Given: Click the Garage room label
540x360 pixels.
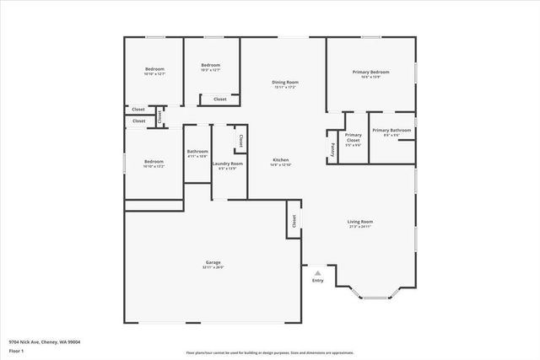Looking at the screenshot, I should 213,262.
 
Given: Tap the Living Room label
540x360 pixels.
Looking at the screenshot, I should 360,222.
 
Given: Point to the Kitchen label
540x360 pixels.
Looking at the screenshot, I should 280,159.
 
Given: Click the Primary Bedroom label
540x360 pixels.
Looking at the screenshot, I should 370,73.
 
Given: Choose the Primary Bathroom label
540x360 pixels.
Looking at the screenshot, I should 391,130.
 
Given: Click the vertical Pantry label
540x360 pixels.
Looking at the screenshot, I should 333,148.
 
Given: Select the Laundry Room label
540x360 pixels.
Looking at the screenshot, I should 228,163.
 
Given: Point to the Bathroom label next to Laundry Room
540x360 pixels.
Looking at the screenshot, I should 197,151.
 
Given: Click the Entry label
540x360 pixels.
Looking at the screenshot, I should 317,281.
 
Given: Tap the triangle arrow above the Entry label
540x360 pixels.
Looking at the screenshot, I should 317,273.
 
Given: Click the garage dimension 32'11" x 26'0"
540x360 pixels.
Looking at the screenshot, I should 213,268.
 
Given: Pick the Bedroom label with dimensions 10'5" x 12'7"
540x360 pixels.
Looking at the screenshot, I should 210,66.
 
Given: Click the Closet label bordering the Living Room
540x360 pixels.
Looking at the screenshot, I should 294,221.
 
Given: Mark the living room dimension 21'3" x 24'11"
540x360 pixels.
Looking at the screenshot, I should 360,228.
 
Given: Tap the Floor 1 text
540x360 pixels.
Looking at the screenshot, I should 16,350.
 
